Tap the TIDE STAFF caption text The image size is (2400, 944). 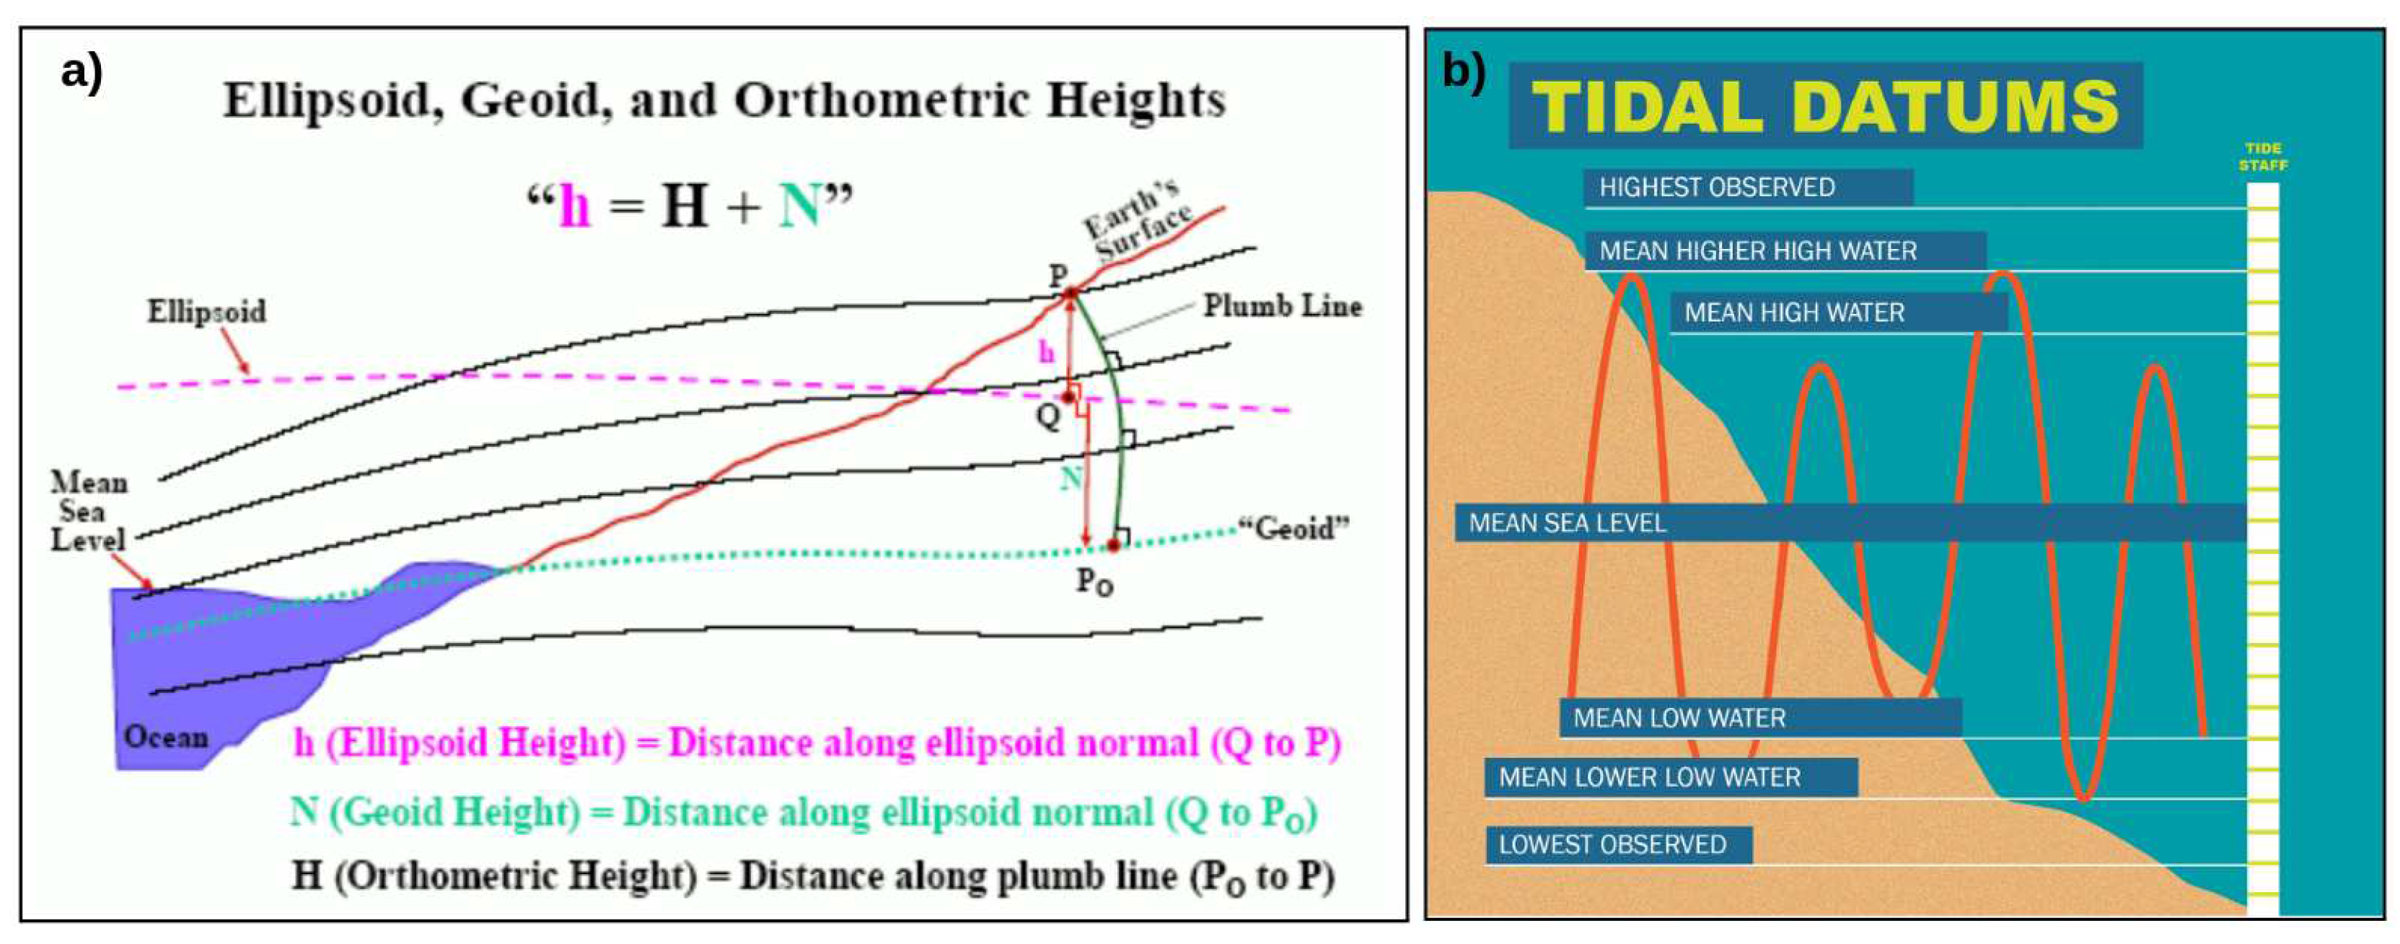point(2262,157)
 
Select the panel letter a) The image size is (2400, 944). point(82,71)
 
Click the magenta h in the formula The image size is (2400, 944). point(574,206)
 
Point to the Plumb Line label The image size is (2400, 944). point(1281,306)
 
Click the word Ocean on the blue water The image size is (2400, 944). point(166,737)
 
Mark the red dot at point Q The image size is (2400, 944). point(1068,397)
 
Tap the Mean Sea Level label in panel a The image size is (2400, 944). point(89,512)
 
